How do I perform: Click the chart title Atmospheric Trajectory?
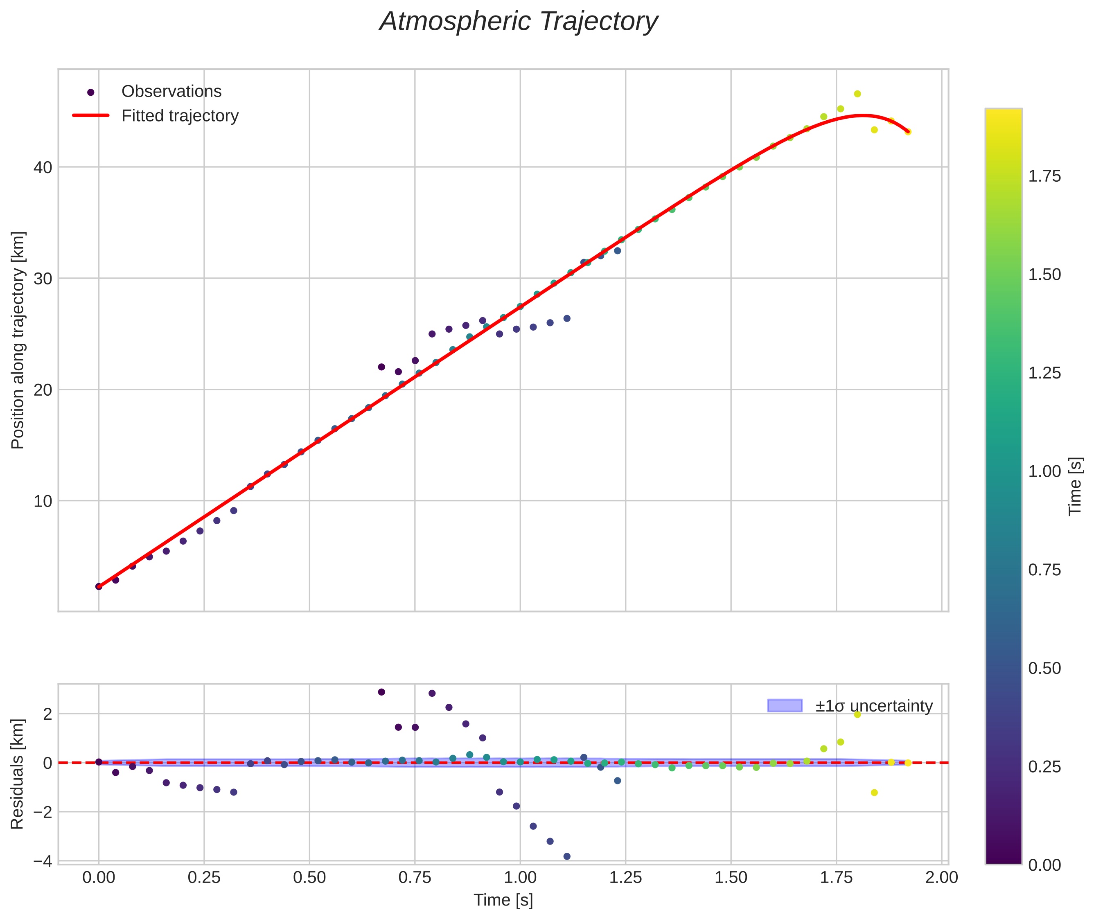pyautogui.click(x=519, y=22)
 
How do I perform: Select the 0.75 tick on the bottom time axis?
pyautogui.click(x=415, y=878)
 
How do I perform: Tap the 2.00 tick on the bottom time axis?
pyautogui.click(x=941, y=878)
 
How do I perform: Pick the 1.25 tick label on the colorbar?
pyautogui.click(x=1044, y=373)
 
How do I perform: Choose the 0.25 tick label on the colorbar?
pyautogui.click(x=1044, y=767)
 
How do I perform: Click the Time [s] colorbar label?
pyautogui.click(x=1075, y=486)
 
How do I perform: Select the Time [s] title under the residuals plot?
pyautogui.click(x=503, y=900)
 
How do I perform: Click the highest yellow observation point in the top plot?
pyautogui.click(x=857, y=94)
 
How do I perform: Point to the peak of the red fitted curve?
pyautogui.click(x=863, y=115)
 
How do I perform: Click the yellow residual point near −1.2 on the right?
pyautogui.click(x=875, y=793)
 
